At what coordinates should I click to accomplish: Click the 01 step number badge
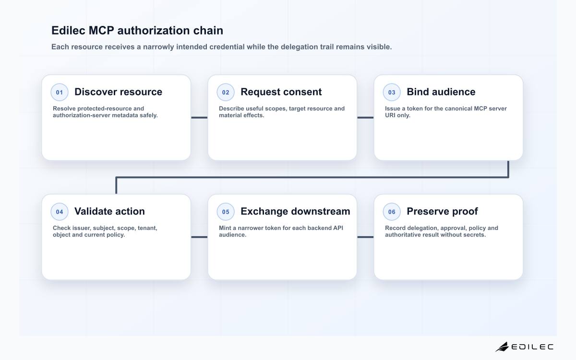tap(60, 92)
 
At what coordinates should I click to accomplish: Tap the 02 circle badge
tap(226, 92)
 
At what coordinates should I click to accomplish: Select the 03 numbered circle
tap(392, 92)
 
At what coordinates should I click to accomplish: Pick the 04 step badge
tap(60, 212)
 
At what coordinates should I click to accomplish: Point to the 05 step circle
tap(226, 212)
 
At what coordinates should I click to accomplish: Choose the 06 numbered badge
tap(392, 212)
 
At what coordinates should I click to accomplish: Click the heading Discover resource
tap(118, 92)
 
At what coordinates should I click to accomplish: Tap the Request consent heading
tap(281, 92)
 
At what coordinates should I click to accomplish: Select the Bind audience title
tap(441, 92)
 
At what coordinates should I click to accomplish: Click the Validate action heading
tap(109, 211)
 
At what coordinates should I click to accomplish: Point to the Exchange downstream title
tap(296, 211)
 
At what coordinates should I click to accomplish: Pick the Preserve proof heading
tap(442, 211)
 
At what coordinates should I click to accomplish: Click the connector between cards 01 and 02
tap(199, 118)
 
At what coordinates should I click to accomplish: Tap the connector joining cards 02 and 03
tap(365, 118)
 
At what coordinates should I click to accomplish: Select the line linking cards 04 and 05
tap(199, 237)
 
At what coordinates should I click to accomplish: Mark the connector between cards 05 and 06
tap(365, 237)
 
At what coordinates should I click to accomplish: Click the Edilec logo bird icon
tap(502, 347)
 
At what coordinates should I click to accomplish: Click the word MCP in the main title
tap(101, 30)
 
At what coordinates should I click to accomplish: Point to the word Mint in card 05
tap(225, 228)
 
